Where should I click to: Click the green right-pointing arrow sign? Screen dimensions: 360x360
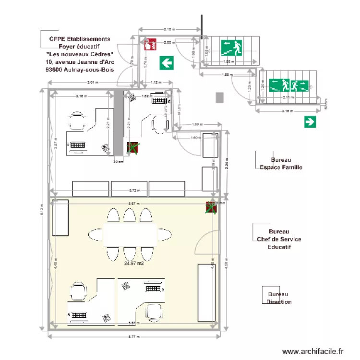click(310, 122)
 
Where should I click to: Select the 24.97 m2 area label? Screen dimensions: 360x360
click(134, 263)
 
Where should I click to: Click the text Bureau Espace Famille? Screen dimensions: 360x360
click(281, 164)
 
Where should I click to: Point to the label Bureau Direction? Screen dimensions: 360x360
click(279, 298)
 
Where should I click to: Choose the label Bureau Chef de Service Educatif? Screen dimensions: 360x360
click(279, 239)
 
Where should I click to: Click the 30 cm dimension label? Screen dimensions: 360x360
click(118, 162)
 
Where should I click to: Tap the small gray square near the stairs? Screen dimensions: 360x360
click(220, 97)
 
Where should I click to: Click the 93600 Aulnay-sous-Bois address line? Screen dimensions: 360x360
click(79, 70)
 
